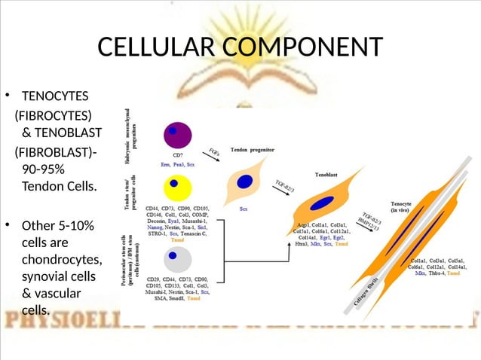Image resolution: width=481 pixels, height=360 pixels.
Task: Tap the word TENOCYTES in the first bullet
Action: click(55, 96)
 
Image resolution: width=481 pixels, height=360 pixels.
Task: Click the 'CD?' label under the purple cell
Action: click(179, 155)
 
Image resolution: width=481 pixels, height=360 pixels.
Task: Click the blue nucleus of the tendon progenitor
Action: click(244, 182)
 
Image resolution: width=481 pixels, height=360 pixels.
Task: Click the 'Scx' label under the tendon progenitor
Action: click(244, 208)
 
